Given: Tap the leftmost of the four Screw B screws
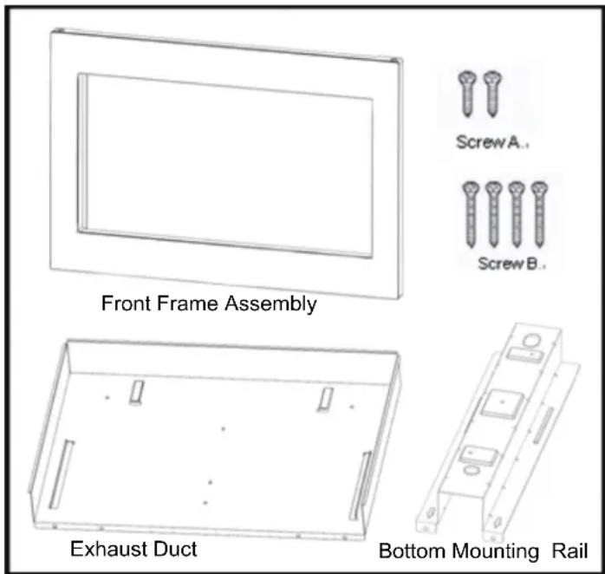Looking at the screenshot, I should coord(472,212).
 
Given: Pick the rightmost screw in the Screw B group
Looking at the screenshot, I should coord(539,212).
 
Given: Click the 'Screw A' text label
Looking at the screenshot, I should coord(491,144).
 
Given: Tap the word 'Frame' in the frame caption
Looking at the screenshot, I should coord(188,305).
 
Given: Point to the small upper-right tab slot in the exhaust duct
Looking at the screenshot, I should coord(325,398).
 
